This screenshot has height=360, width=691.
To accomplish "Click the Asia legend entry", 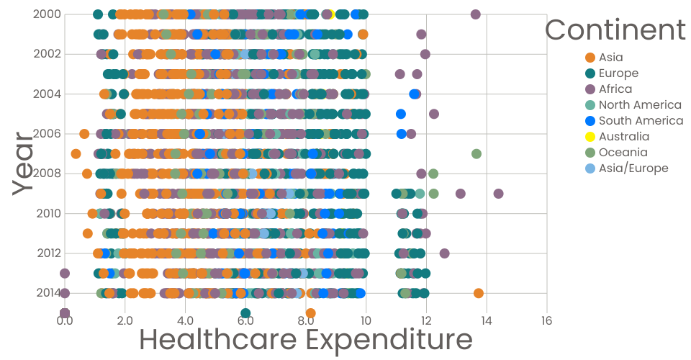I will tap(611, 58).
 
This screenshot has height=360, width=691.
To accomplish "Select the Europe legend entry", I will tap(618, 73).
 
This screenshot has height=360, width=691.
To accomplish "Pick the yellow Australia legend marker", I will tap(590, 137).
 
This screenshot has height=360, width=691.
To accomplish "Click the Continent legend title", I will tap(615, 30).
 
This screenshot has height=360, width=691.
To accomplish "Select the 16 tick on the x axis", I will tap(546, 320).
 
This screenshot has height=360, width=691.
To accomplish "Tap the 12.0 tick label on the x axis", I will tap(426, 320).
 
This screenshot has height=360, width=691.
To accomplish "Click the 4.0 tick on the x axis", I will tap(185, 320).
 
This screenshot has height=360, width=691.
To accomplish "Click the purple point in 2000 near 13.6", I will tap(475, 14).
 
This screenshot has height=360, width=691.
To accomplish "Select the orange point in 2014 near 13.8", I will tap(479, 292).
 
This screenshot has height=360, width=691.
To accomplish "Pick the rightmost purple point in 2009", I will tap(498, 193).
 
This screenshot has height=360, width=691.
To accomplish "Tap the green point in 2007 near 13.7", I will tap(476, 153).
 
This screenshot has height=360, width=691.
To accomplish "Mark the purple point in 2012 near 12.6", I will tap(444, 253).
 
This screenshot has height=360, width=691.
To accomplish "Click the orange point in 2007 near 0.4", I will tap(76, 153).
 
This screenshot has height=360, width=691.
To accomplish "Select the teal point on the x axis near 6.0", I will tap(245, 313).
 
